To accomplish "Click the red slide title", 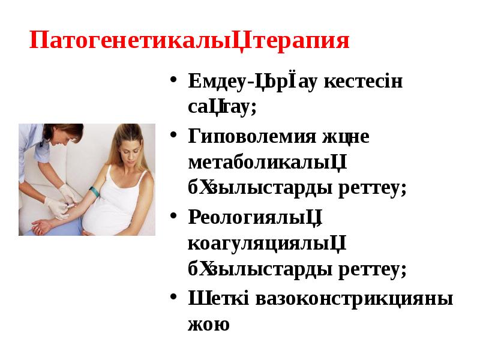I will pyautogui.click(x=189, y=42).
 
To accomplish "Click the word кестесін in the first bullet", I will pyautogui.click(x=364, y=82).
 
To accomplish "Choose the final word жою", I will pyautogui.click(x=208, y=325).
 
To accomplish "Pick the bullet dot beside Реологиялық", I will pyautogui.click(x=173, y=215).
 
